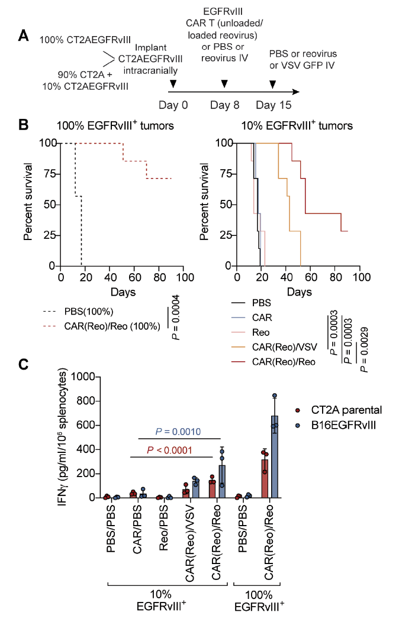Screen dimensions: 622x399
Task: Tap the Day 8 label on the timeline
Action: point(224,105)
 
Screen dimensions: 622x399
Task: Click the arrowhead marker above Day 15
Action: point(272,84)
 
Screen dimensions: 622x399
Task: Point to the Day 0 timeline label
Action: point(173,105)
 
